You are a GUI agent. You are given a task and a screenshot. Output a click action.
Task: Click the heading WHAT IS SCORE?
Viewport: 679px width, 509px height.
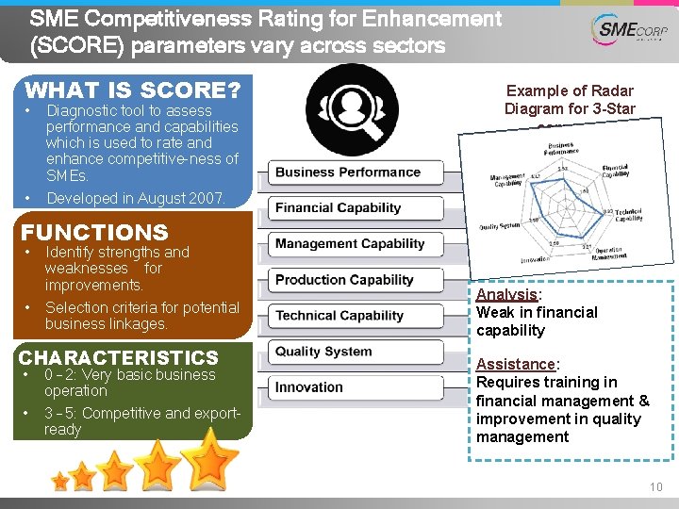pos(132,90)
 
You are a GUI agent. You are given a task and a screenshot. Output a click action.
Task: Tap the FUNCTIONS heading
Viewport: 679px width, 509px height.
pos(94,232)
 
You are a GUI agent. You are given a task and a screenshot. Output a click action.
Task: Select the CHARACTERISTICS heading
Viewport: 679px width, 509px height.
pos(118,357)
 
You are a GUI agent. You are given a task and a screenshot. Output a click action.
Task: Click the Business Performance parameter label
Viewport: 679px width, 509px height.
pos(348,172)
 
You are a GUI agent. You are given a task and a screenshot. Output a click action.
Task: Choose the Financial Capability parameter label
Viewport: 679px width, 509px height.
pos(338,208)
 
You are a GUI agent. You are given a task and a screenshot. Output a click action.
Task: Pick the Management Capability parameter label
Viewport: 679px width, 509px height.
pos(350,244)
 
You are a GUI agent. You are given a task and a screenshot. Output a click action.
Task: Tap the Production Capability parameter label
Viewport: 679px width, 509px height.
pos(344,280)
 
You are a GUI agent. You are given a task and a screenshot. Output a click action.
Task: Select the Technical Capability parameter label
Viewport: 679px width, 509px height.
pos(339,316)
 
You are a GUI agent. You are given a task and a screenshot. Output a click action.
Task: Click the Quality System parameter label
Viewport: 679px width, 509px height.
pos(323,352)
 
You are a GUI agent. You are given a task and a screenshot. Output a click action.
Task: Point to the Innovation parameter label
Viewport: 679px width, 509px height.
pos(309,387)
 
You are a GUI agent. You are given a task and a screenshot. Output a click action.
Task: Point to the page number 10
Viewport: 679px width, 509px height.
pos(655,486)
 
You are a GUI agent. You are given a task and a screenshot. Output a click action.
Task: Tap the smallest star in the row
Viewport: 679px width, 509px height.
pos(60,482)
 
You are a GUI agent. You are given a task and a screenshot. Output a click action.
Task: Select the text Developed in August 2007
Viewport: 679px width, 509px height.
pos(135,198)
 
